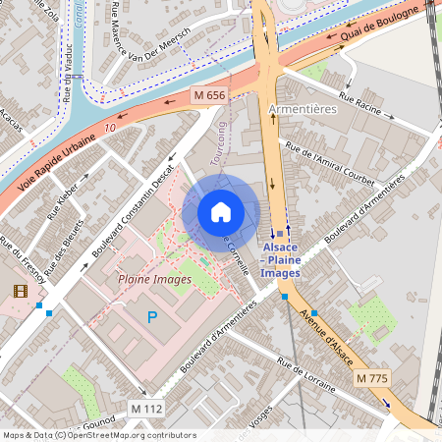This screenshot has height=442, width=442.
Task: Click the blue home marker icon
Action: pyautogui.click(x=221, y=212)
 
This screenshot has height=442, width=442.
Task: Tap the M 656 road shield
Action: pyautogui.click(x=210, y=95)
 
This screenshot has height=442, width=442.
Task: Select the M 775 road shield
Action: pyautogui.click(x=372, y=378)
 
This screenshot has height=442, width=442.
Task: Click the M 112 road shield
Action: pyautogui.click(x=146, y=408)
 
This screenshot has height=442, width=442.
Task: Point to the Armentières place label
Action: pyautogui.click(x=302, y=110)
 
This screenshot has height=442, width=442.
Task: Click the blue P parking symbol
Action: pyautogui.click(x=151, y=316)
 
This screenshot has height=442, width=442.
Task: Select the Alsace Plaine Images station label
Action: pyautogui.click(x=281, y=260)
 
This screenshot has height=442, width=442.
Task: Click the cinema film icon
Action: pyautogui.click(x=20, y=290)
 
